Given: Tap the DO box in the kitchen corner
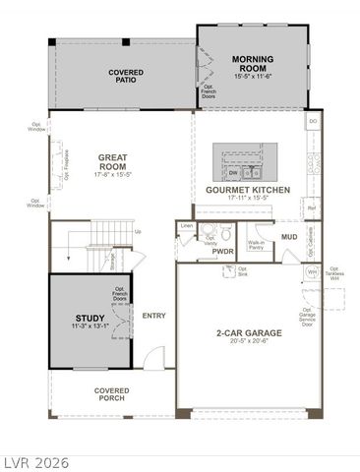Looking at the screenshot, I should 313,121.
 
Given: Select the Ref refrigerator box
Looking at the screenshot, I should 311,209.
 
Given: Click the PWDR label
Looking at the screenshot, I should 222,252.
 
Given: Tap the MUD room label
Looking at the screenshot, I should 289,237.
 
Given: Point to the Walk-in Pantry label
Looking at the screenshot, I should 256,245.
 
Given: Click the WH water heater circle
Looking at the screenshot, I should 311,272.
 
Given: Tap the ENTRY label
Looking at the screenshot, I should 153,316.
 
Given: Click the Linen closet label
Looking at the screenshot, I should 187,226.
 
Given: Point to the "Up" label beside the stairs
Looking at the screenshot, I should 138,232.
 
